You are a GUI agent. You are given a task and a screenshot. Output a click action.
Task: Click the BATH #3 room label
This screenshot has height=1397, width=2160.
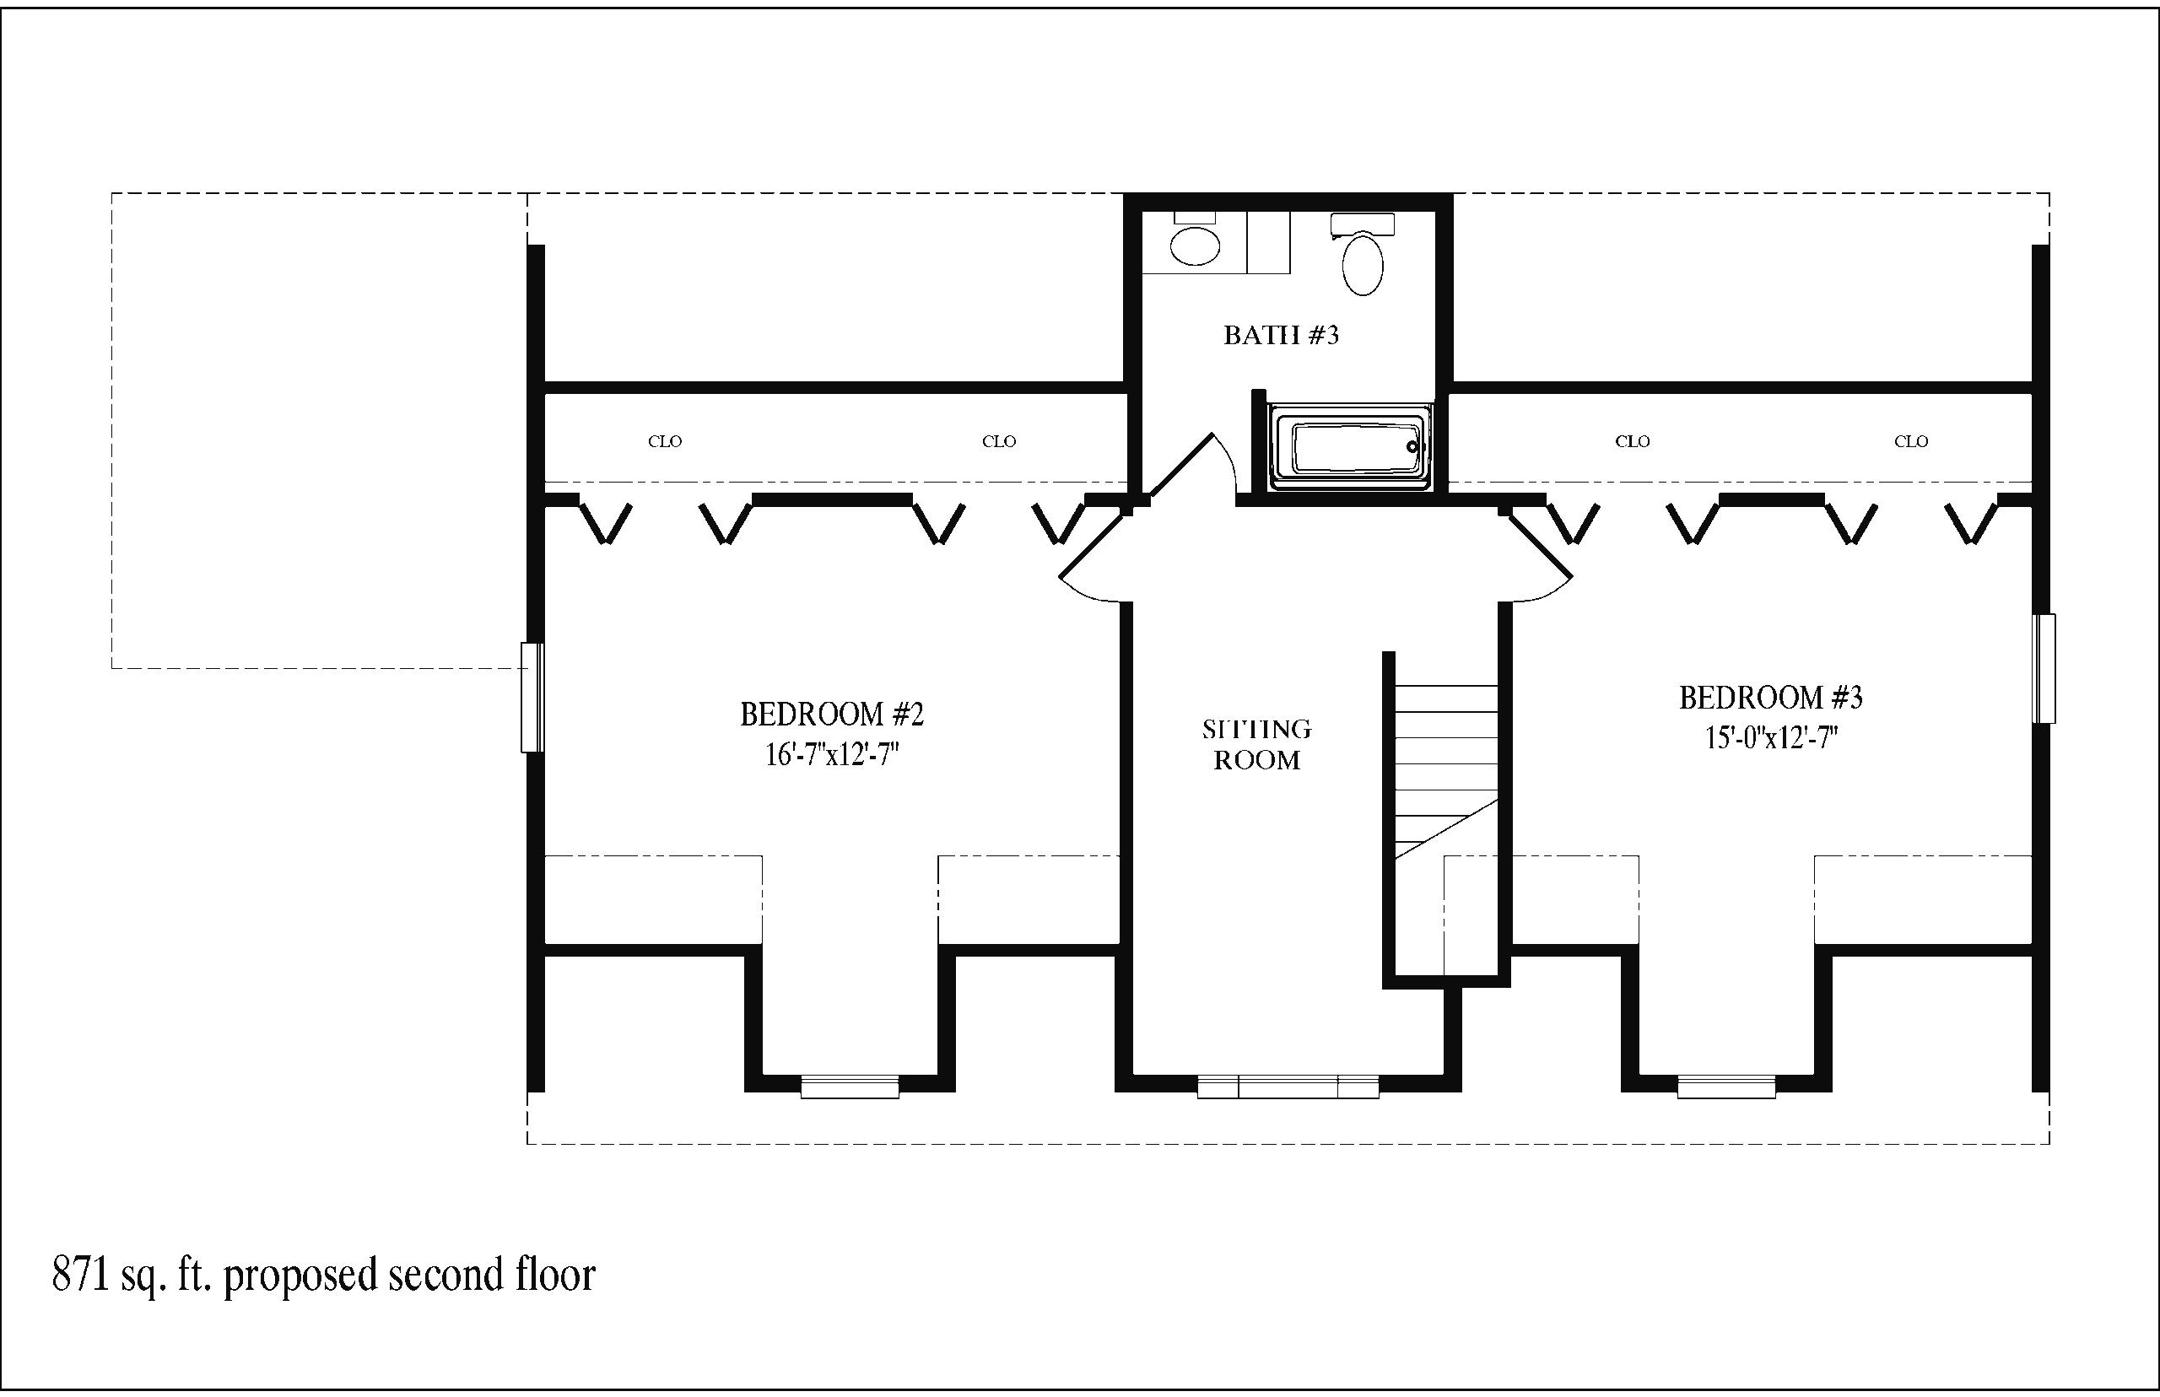coord(1280,336)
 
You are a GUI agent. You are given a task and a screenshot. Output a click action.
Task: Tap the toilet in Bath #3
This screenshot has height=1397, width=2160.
coord(1362,255)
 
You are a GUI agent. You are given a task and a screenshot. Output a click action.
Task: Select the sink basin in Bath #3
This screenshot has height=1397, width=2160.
coord(1195,245)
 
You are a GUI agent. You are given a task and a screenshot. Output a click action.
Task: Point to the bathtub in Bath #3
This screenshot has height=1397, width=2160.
coord(1351,448)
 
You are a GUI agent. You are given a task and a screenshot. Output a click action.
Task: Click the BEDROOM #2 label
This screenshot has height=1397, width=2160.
coord(831,715)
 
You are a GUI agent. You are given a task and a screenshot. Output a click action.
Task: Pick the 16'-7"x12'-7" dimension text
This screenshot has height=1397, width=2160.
coord(832,755)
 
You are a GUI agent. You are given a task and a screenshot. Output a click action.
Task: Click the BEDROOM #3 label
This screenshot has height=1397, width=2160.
coord(1770,698)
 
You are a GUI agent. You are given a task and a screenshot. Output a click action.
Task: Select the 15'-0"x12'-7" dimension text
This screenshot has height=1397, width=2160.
coord(1771,737)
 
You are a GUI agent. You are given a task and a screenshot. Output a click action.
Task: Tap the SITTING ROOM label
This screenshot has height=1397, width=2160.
coord(1256,745)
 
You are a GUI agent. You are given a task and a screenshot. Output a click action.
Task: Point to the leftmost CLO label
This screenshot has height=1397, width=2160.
coord(665,442)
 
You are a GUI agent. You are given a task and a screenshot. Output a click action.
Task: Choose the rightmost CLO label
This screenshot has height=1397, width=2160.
coord(1910,442)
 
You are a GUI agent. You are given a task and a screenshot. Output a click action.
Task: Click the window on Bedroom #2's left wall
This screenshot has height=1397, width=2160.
coord(532,698)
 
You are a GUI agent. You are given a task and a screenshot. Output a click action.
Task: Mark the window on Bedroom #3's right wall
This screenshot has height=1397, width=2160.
coord(2043,669)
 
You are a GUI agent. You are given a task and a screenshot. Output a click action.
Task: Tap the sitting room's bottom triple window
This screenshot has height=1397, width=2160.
coord(1288,1087)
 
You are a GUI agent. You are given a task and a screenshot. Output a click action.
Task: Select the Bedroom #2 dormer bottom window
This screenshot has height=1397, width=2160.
coord(849,1087)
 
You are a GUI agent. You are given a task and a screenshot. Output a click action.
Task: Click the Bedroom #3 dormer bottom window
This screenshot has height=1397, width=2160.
coord(1726,1087)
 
